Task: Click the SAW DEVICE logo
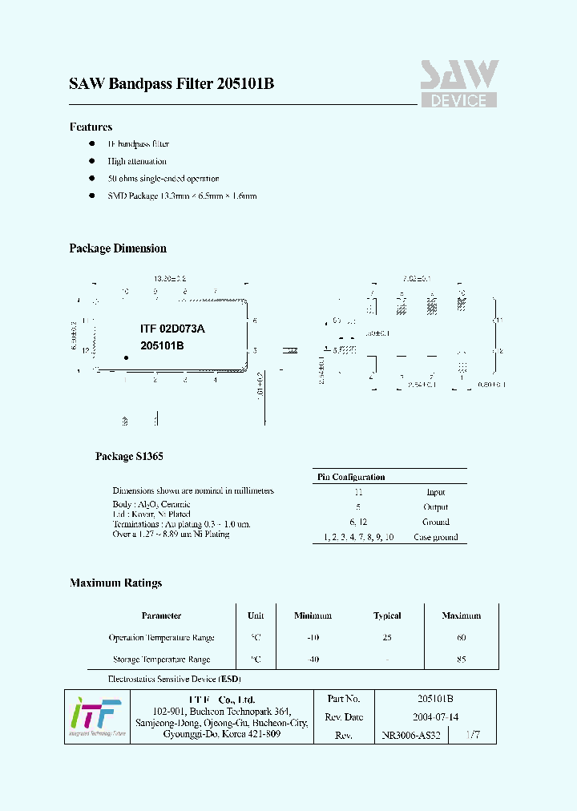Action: click(x=459, y=84)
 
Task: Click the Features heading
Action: click(x=91, y=127)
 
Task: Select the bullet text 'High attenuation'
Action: click(x=137, y=161)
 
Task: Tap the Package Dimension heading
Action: click(x=118, y=248)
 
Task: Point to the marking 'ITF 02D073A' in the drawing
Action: click(x=173, y=329)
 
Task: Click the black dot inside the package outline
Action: click(x=126, y=358)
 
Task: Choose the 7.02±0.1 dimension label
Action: click(x=417, y=279)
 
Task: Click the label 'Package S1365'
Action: click(x=129, y=456)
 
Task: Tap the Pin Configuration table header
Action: click(x=351, y=477)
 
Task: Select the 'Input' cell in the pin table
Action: click(x=436, y=492)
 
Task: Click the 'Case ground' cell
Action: click(x=436, y=537)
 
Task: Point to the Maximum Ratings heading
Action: click(x=115, y=583)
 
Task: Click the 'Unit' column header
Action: click(x=256, y=615)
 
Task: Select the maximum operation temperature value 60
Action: click(x=462, y=638)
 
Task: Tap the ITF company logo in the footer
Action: click(x=95, y=716)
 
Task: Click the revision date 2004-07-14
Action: click(x=435, y=716)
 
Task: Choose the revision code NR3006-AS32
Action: click(x=411, y=735)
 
